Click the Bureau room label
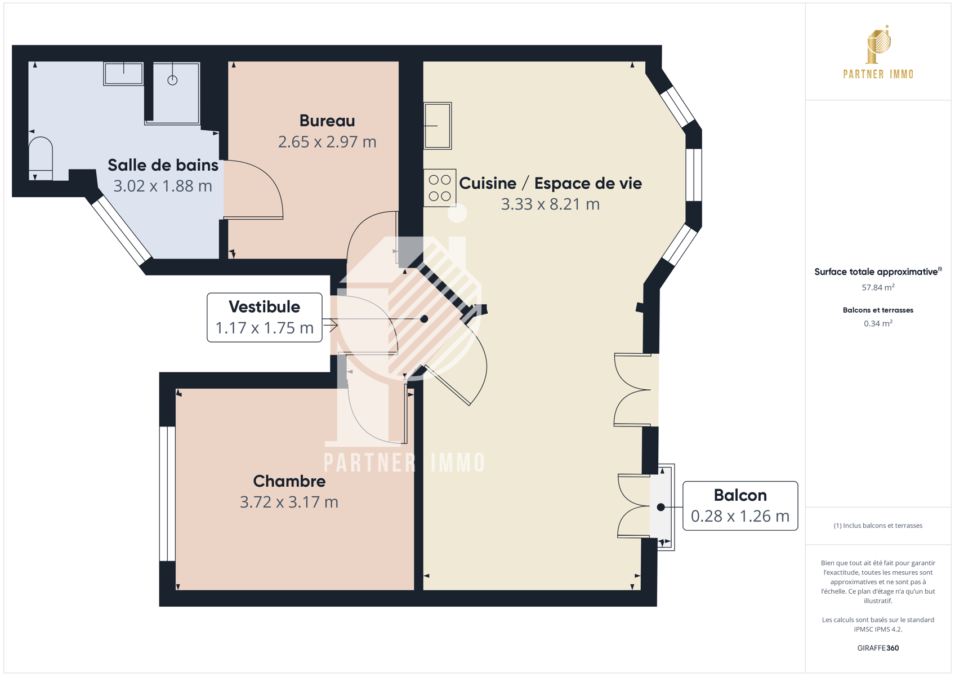pos(327,121)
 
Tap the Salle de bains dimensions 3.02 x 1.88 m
pos(162,186)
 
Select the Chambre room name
pos(289,481)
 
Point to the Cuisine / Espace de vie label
pos(550,184)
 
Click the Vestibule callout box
pos(264,317)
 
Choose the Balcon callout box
pos(740,506)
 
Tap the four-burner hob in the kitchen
pos(440,188)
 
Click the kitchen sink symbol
pos(438,126)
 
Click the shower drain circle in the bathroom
pos(172,80)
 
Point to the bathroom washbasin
pos(123,74)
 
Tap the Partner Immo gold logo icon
pos(878,45)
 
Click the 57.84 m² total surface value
pos(878,287)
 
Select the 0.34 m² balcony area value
pos(878,323)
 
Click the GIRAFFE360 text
pos(878,648)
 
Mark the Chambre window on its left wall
pos(167,493)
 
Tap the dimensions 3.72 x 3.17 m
pos(289,502)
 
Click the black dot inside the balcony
pos(661,507)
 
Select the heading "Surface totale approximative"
pos(876,272)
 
